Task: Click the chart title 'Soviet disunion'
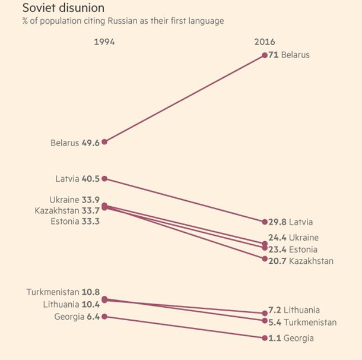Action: point(63,8)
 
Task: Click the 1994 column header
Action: point(104,42)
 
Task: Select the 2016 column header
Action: point(264,42)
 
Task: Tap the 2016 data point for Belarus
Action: point(265,55)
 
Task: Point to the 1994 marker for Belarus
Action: point(104,142)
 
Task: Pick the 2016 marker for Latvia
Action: point(265,222)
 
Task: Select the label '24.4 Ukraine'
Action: point(293,237)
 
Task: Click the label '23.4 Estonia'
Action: point(293,250)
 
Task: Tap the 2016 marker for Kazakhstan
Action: point(265,258)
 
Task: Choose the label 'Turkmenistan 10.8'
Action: point(63,292)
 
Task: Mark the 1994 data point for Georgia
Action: point(104,317)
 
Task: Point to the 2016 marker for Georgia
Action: point(265,338)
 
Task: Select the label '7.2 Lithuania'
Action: point(294,310)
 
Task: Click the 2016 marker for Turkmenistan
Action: point(265,321)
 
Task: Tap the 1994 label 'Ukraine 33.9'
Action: point(75,200)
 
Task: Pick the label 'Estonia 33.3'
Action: point(75,222)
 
